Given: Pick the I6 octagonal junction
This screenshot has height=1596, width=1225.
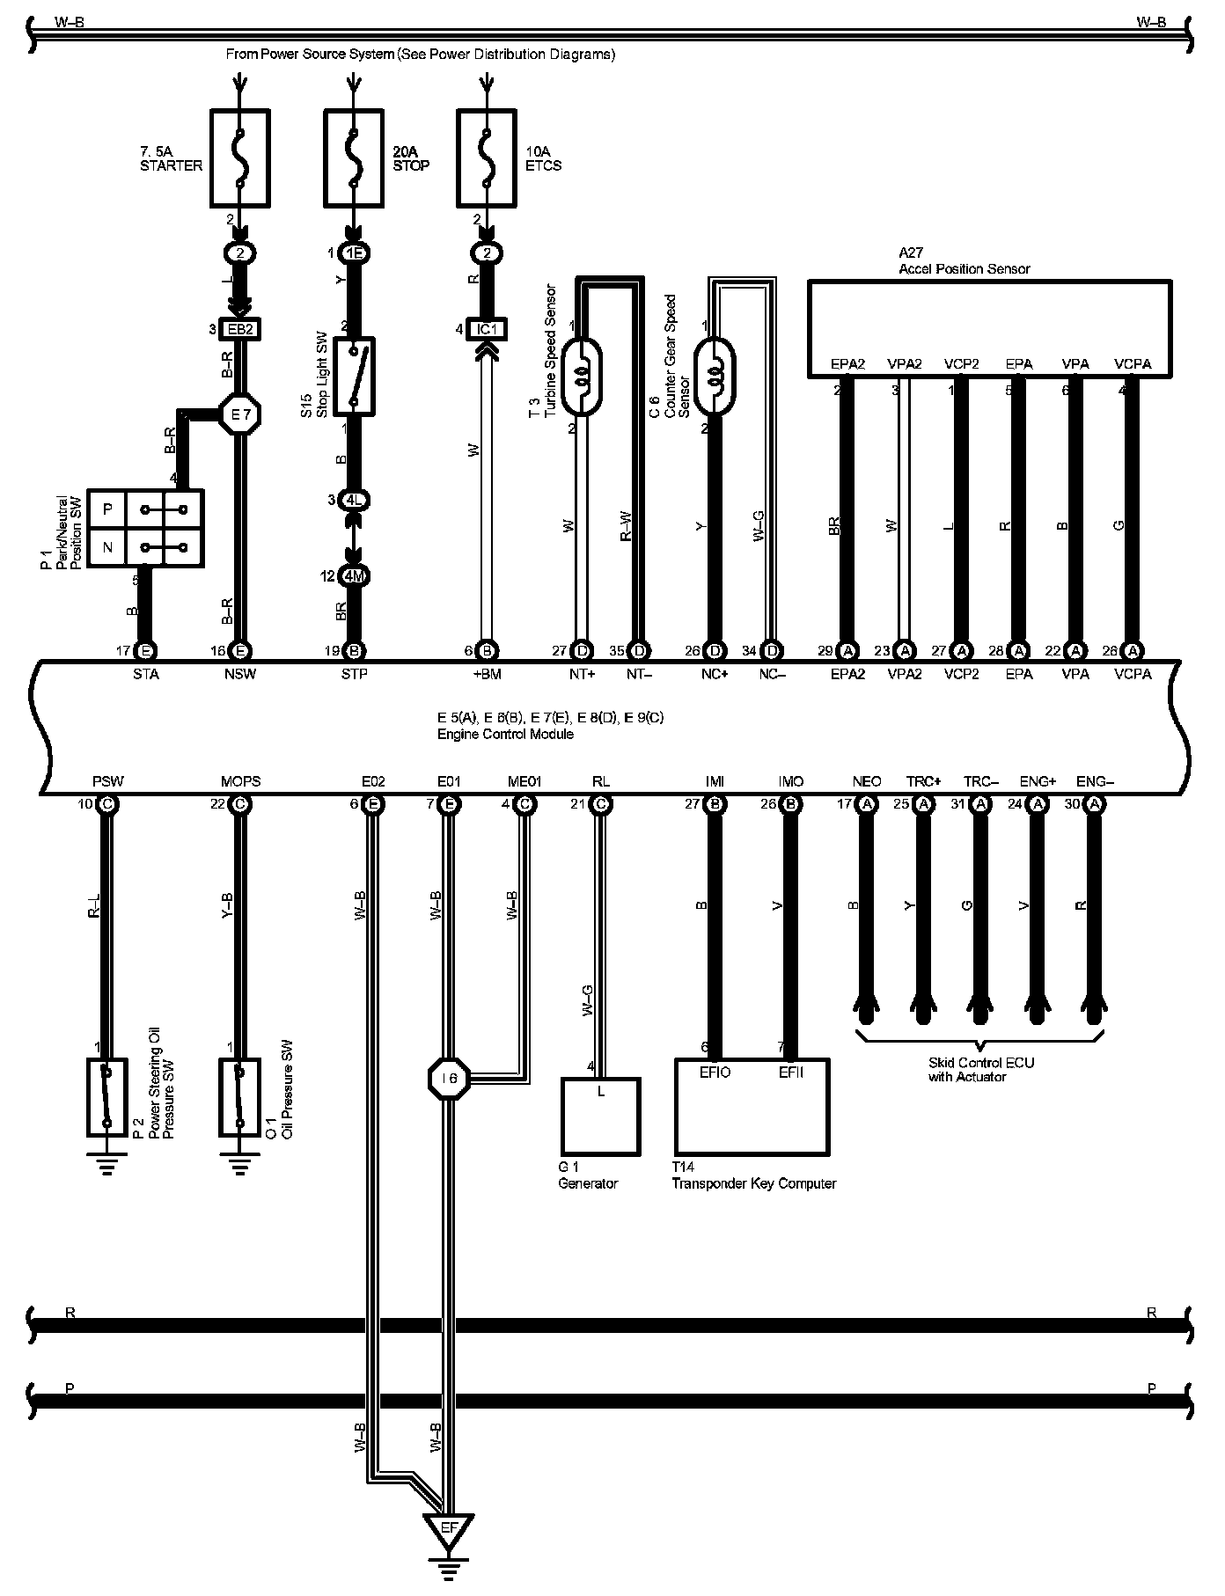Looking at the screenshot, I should (449, 1078).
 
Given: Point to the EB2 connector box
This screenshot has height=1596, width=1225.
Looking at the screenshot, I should (240, 329).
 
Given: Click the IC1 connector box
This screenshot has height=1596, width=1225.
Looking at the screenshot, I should (487, 329).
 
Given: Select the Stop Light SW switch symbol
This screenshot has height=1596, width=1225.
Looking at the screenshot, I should (354, 375).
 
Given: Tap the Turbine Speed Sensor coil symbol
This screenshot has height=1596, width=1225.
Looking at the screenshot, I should (581, 377).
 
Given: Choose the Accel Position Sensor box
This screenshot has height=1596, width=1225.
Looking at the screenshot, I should (989, 326).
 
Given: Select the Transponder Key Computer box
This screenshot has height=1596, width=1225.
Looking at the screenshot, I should (752, 1106).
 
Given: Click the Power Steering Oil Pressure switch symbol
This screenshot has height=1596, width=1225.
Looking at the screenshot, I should (107, 1096).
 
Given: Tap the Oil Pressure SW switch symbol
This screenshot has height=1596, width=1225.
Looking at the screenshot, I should (239, 1096).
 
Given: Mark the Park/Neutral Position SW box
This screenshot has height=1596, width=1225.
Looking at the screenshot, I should (146, 528).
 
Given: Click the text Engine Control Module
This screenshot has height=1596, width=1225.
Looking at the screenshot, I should (505, 734).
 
